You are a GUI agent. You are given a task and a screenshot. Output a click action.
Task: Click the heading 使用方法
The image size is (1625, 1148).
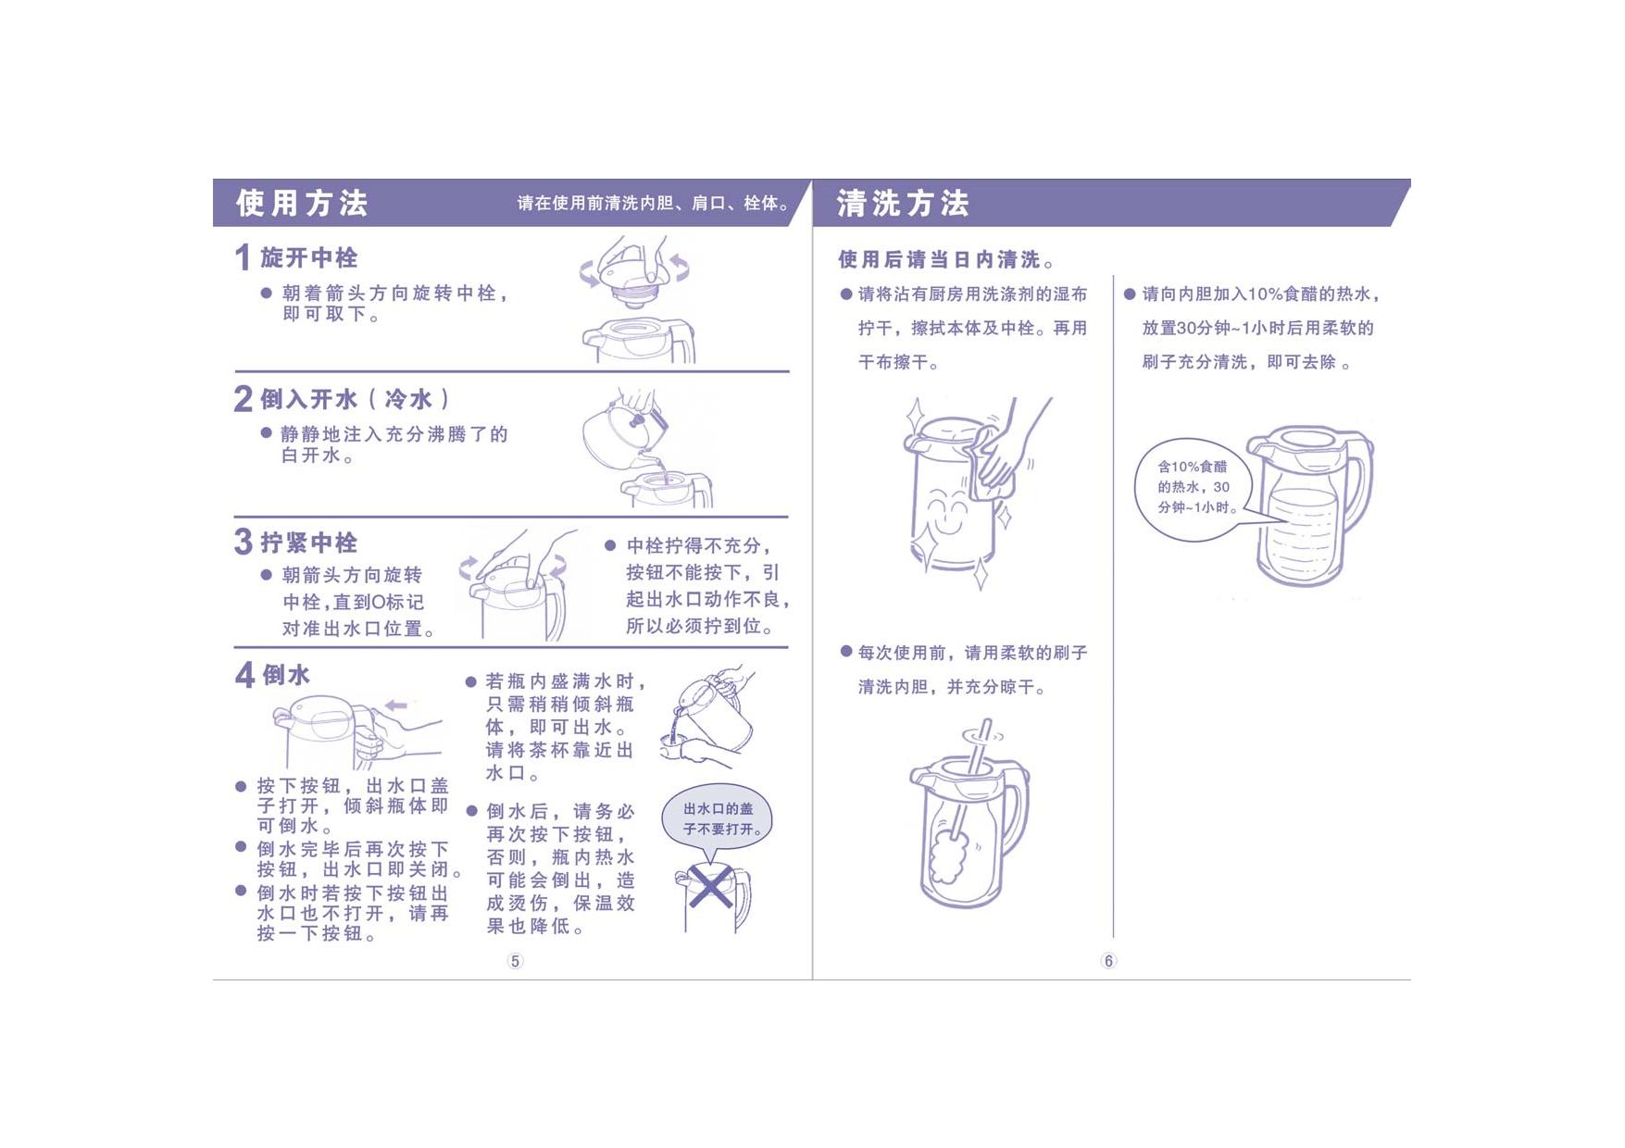tap(302, 203)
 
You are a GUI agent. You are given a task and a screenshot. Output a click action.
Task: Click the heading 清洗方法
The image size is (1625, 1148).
tap(903, 203)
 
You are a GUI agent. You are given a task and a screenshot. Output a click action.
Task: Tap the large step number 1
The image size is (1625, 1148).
tap(243, 257)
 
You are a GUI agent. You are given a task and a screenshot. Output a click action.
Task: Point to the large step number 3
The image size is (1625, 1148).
tap(244, 542)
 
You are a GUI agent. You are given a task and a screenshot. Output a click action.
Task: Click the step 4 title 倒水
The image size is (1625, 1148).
tap(286, 675)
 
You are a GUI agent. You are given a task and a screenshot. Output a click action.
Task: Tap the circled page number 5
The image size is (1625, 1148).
tap(515, 961)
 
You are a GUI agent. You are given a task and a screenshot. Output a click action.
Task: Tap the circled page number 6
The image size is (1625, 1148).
tap(1108, 961)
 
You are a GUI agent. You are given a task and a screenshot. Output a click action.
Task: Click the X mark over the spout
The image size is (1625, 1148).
tap(710, 888)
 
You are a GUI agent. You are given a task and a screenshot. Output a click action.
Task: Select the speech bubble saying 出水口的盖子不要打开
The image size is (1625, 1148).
tap(717, 820)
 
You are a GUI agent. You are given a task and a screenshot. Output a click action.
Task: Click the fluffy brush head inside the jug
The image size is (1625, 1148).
tap(949, 857)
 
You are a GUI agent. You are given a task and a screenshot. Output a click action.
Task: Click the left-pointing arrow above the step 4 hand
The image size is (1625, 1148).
tap(396, 705)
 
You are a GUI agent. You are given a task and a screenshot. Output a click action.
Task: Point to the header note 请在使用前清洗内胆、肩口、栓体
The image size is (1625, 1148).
tap(652, 204)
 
